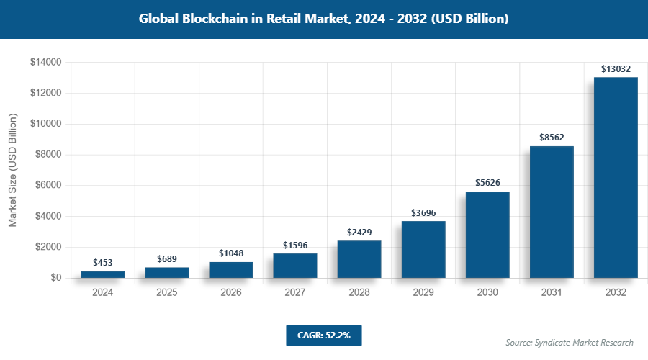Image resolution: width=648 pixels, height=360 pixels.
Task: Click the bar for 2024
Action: [102, 274]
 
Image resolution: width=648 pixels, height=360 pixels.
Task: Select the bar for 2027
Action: [295, 266]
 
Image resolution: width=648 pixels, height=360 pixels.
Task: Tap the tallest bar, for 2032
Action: [616, 177]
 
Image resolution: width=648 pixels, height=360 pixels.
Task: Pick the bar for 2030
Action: [487, 235]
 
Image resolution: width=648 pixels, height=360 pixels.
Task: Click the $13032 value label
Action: [616, 69]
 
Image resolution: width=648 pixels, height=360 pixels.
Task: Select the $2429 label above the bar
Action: [359, 233]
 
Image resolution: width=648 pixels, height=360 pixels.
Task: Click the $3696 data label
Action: [423, 213]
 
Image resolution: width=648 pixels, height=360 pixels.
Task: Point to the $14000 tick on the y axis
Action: [45, 63]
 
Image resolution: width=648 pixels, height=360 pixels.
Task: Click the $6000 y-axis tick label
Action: [48, 186]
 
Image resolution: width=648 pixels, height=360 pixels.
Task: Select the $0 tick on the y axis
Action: [55, 278]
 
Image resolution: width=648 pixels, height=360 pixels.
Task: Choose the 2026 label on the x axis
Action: [230, 293]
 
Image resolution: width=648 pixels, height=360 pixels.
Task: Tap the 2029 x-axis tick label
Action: [423, 293]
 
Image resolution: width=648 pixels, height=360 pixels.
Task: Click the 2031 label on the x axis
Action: [552, 293]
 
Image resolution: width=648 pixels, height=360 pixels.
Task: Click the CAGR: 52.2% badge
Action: [323, 335]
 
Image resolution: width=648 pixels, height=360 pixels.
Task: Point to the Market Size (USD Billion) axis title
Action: [13, 170]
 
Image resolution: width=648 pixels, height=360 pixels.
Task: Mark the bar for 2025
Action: [166, 273]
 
